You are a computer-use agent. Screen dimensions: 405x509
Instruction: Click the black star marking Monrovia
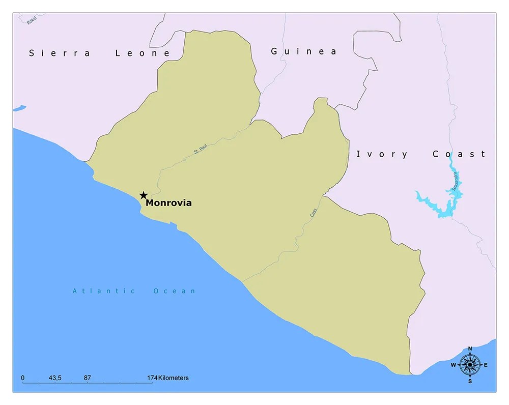click(x=144, y=195)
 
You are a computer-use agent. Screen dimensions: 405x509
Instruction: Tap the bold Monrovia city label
click(x=169, y=202)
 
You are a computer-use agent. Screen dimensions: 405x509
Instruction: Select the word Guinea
click(x=303, y=51)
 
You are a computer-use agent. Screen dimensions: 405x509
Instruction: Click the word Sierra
click(x=60, y=53)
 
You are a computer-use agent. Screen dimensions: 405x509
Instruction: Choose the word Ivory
click(x=382, y=154)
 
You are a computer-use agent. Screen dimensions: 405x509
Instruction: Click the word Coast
click(x=459, y=154)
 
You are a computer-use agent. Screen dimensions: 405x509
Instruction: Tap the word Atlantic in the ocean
click(x=104, y=291)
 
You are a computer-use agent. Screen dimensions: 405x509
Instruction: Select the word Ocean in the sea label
click(x=174, y=291)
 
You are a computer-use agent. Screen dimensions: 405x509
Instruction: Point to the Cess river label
click(x=314, y=213)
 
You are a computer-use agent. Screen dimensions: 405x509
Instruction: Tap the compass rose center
click(x=470, y=364)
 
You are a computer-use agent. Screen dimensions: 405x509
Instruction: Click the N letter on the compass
click(x=470, y=349)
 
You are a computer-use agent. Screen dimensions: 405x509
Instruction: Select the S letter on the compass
click(x=470, y=381)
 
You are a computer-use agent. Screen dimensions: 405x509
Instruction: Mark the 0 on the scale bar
click(x=23, y=378)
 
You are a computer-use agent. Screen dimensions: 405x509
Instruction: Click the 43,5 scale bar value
click(x=55, y=378)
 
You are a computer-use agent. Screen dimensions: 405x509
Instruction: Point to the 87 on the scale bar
click(x=88, y=378)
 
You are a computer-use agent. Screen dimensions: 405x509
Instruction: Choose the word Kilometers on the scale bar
click(x=173, y=378)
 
